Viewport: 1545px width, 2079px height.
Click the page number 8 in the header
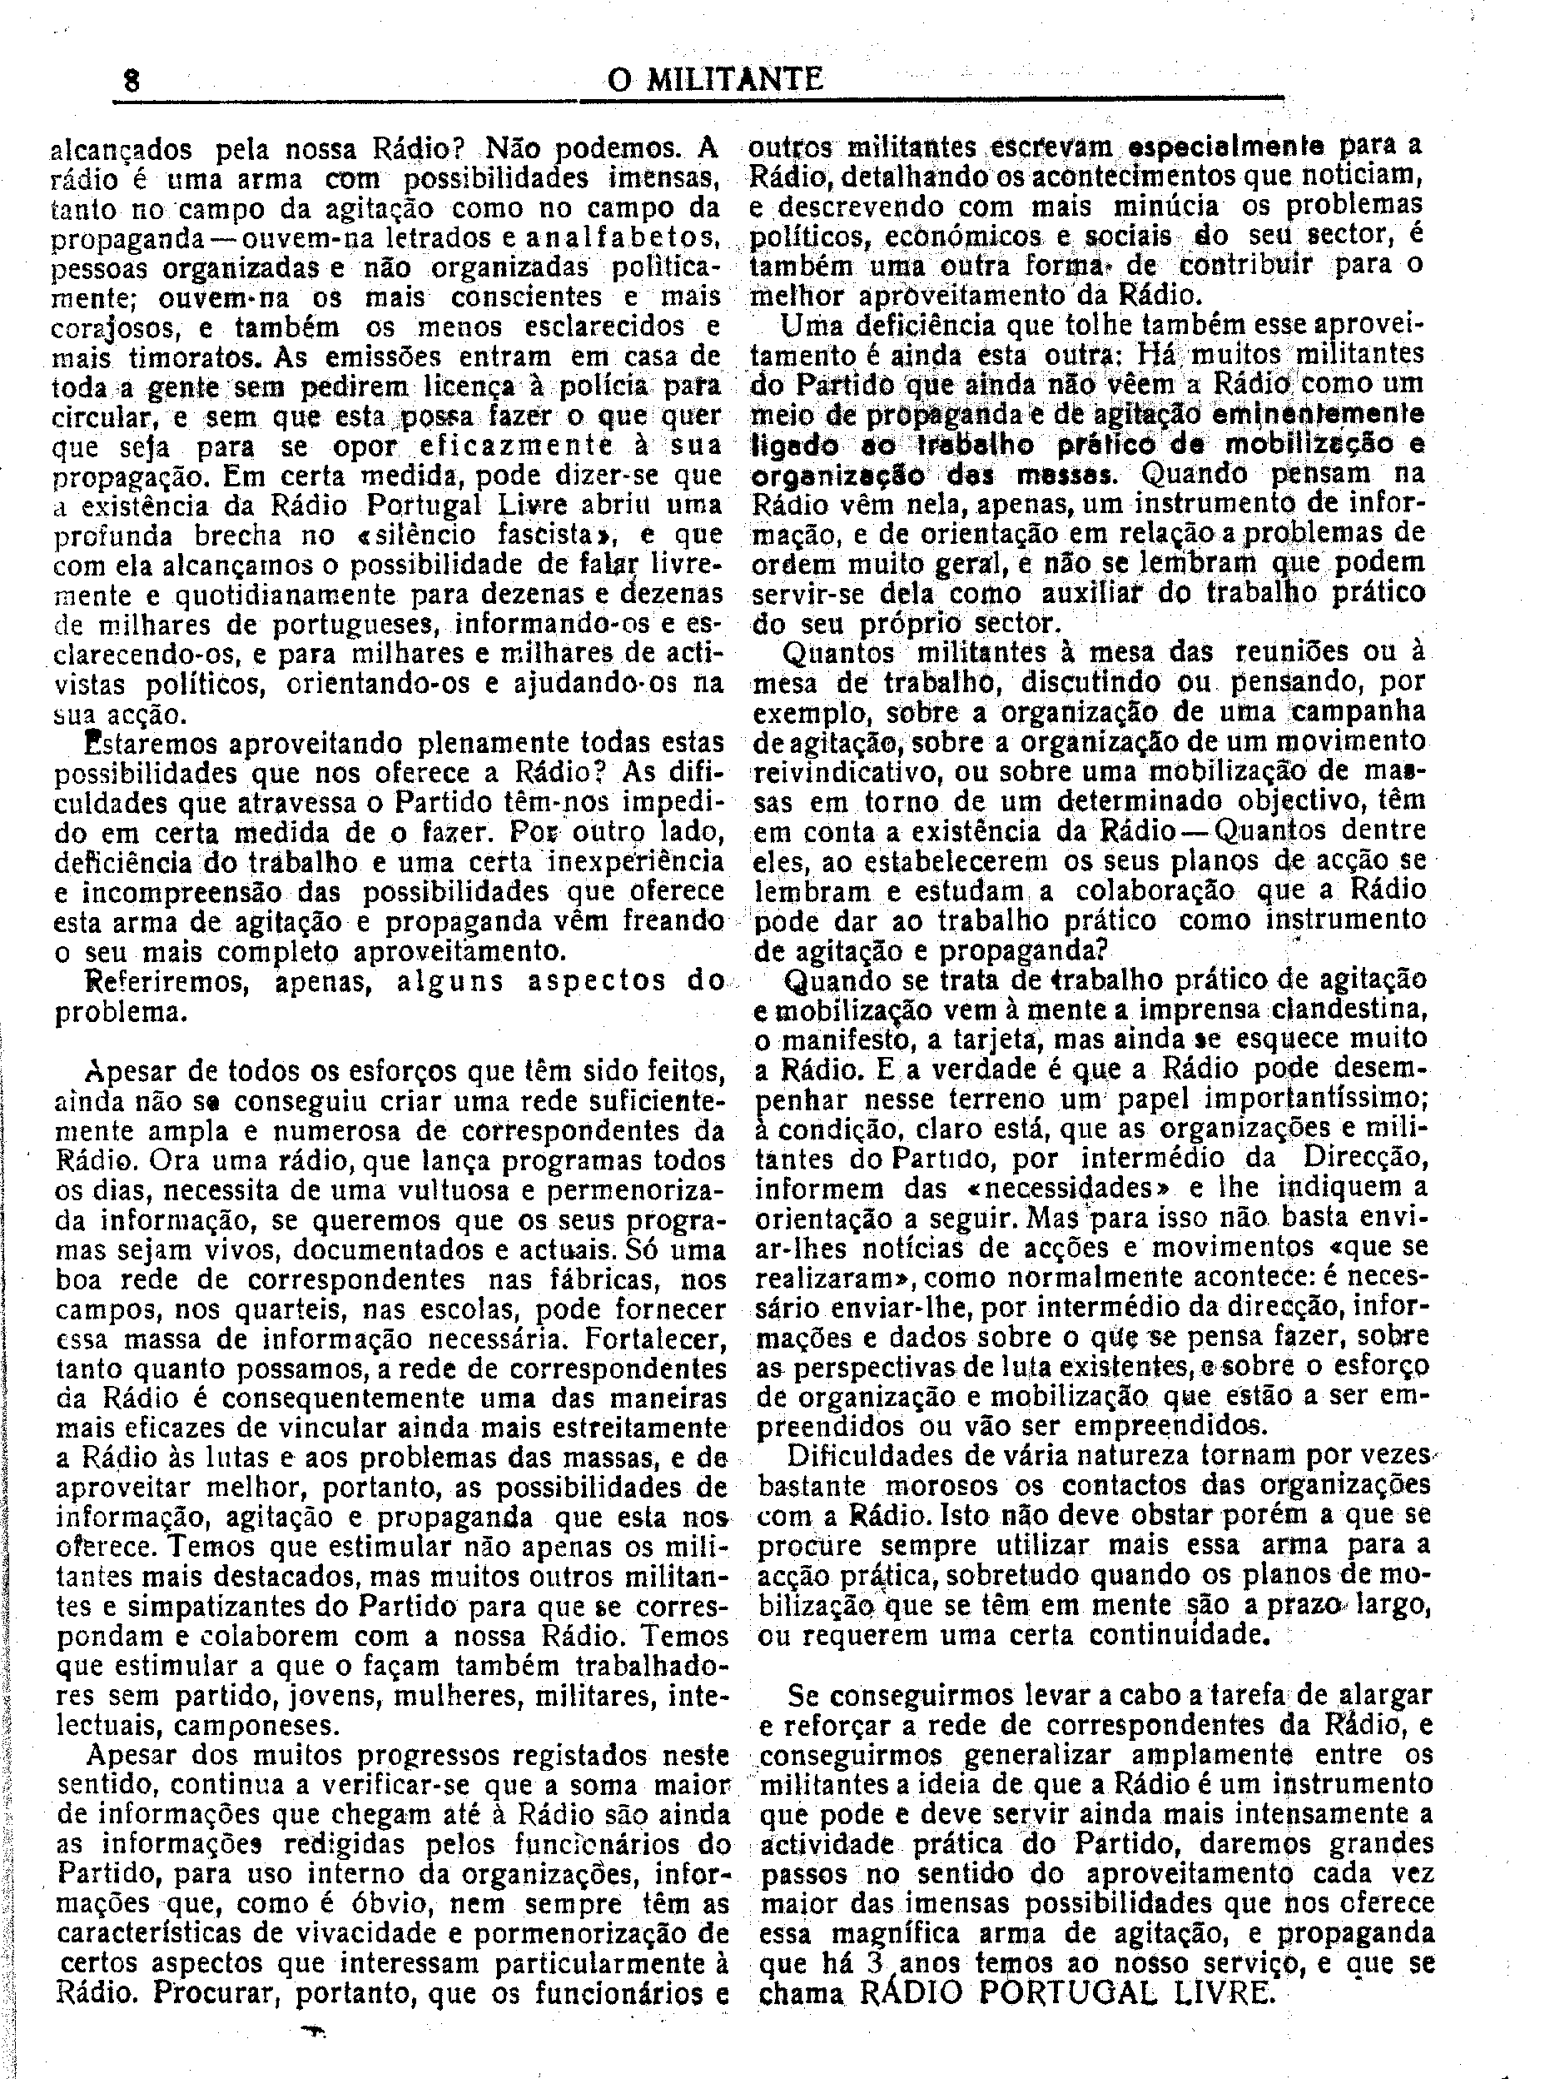[132, 82]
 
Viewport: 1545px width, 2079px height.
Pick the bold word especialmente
[1226, 147]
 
